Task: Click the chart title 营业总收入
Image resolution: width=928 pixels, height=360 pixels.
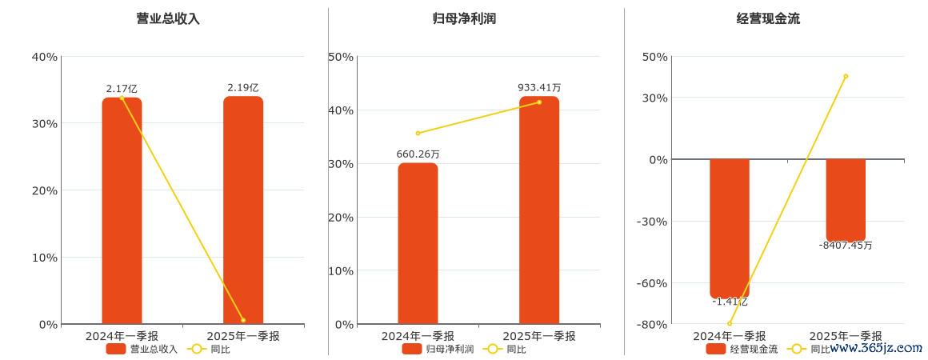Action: click(168, 18)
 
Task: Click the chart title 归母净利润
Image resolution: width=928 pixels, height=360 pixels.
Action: click(464, 18)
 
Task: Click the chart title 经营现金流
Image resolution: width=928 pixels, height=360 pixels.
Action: click(768, 18)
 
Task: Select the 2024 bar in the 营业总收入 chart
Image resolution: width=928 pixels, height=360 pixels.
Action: click(122, 211)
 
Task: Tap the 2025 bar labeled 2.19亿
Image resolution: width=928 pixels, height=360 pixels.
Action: click(243, 211)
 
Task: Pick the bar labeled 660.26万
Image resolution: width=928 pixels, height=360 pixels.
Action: click(418, 244)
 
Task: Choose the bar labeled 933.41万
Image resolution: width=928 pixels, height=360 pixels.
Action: click(539, 211)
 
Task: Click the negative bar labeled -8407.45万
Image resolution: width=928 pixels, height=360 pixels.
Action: click(846, 199)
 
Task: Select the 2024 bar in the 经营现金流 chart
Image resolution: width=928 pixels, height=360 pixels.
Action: click(730, 229)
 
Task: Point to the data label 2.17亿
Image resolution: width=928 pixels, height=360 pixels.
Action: click(122, 89)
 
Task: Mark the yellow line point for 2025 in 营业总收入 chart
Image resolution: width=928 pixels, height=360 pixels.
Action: click(243, 320)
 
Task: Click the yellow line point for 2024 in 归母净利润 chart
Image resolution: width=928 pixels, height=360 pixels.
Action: click(418, 133)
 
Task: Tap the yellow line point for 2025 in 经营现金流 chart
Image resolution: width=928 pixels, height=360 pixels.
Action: click(846, 76)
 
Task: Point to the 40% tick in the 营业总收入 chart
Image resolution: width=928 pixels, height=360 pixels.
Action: click(45, 56)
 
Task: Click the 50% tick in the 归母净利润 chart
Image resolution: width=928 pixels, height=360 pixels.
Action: click(341, 56)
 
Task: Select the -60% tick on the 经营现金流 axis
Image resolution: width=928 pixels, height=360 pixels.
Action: click(652, 283)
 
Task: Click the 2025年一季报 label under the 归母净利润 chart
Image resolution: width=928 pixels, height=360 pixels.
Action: click(539, 336)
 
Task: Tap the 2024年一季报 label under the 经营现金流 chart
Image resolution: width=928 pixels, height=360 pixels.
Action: click(730, 336)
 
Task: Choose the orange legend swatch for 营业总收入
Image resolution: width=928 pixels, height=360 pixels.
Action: click(116, 349)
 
